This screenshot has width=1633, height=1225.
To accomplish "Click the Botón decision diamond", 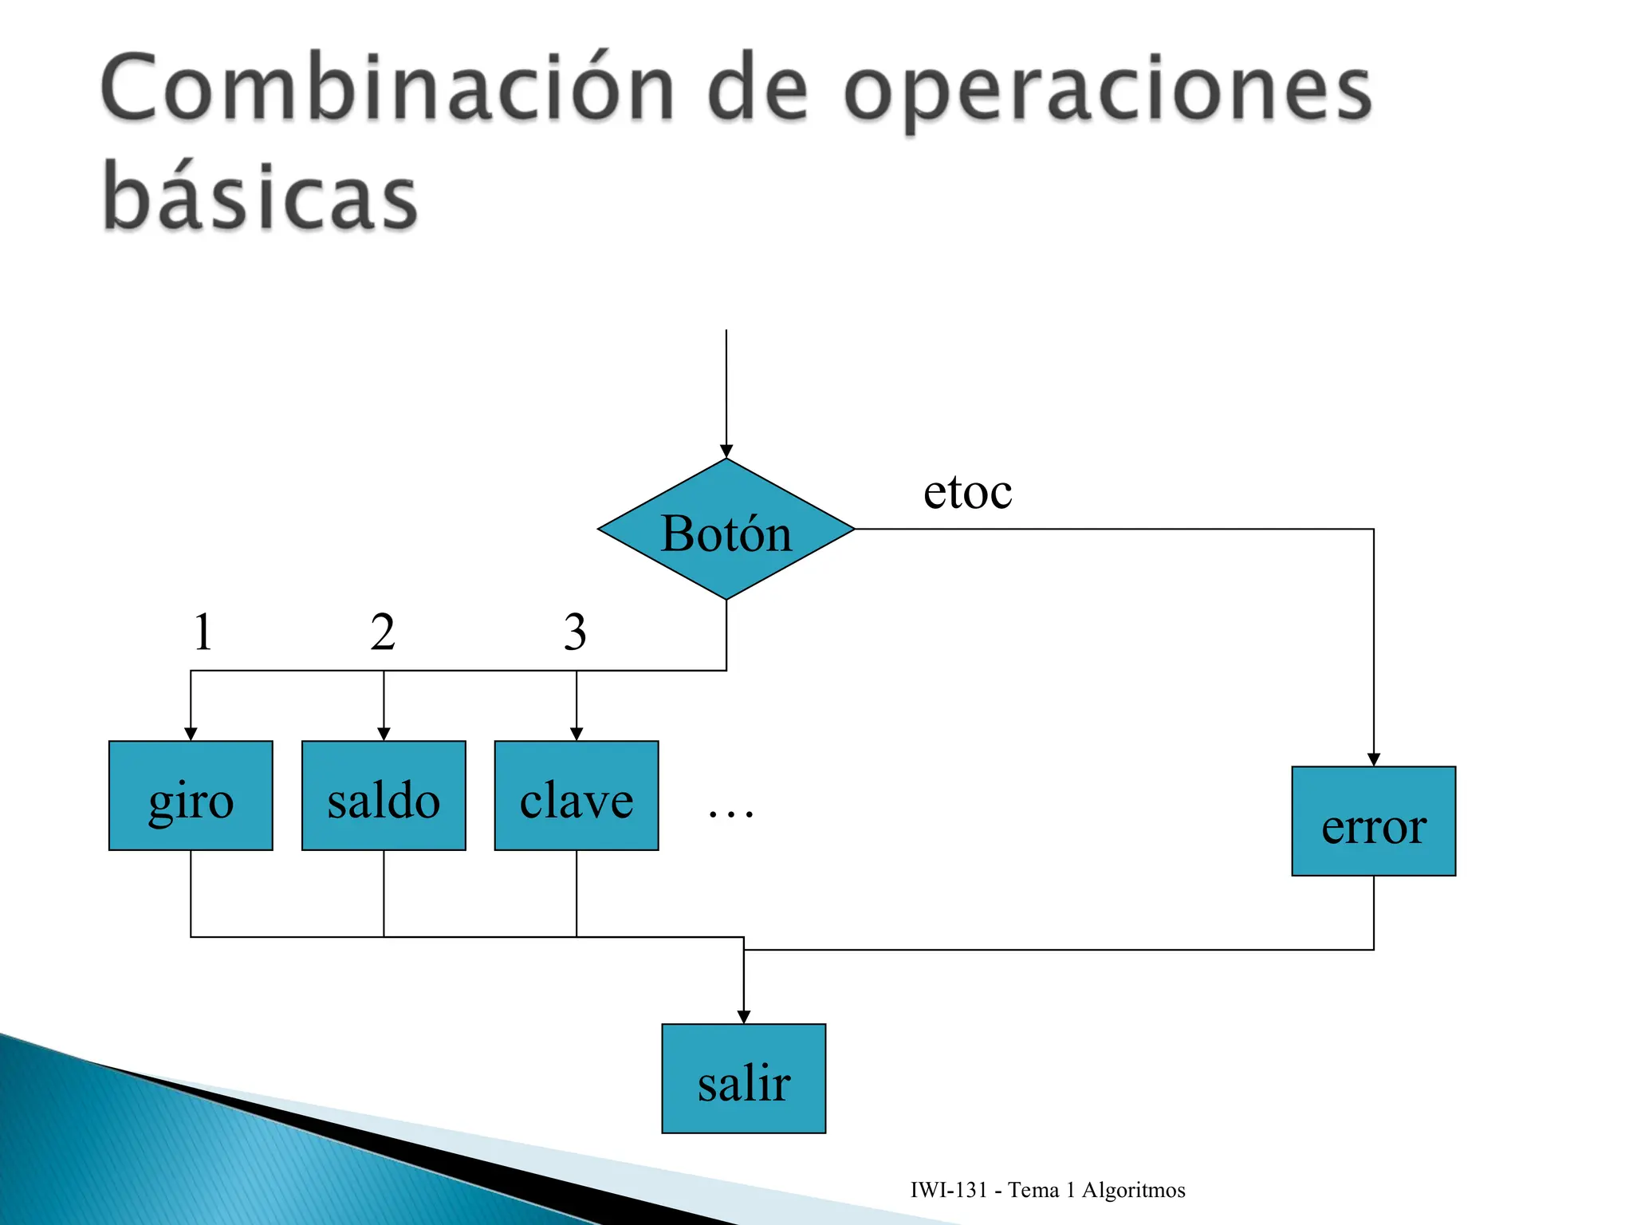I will coord(726,530).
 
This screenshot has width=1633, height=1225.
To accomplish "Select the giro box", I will coord(191,796).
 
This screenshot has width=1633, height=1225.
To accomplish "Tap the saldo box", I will coord(384,796).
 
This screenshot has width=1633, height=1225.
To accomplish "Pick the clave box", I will coord(576,796).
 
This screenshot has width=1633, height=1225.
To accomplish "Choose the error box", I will coord(1373,821).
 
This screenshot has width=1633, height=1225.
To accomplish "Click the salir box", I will coord(744,1078).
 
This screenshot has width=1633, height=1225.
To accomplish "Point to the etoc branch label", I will coord(967,491).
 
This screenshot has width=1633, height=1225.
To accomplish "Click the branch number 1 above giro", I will coord(203,632).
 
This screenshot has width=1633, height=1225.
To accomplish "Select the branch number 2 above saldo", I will coord(383,632).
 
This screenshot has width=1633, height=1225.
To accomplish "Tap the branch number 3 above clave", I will coord(575,632).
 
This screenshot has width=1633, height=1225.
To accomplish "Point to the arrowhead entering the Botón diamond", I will coord(726,451).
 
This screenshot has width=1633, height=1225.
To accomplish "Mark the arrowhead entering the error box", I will coord(1373,759).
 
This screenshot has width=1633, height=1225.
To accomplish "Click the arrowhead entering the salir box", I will coord(744,1017).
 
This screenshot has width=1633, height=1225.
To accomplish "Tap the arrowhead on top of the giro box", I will coord(191,734).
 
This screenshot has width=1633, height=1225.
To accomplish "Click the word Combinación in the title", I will coord(388,88).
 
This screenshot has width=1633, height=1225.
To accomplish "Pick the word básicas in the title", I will coord(260,195).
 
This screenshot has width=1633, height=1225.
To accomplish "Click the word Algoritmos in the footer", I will coord(1133,1190).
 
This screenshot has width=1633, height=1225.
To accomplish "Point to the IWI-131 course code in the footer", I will coord(949,1190).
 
